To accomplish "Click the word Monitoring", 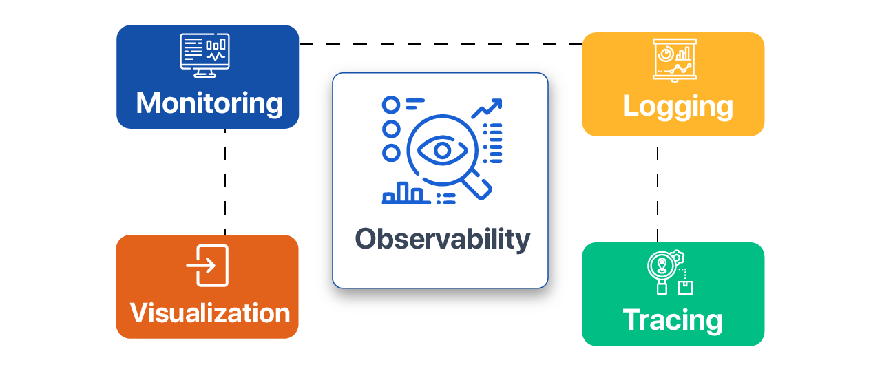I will [209, 103].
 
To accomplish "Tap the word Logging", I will [678, 107].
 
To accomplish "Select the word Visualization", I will [210, 313].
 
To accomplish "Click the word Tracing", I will [673, 320].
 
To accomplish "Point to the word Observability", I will [442, 239].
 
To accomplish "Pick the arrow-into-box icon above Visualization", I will [207, 265].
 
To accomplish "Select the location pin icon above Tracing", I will [661, 265].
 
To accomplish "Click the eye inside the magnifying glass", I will [442, 149].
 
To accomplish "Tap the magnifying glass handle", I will [479, 187].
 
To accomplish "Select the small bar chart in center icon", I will [403, 193].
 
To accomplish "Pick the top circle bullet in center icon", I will [391, 105].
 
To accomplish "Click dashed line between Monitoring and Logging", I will [441, 44].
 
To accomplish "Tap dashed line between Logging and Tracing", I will [657, 189].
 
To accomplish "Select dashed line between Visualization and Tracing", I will [441, 317].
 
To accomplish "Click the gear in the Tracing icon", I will [678, 257].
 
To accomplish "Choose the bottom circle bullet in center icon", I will [391, 153].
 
